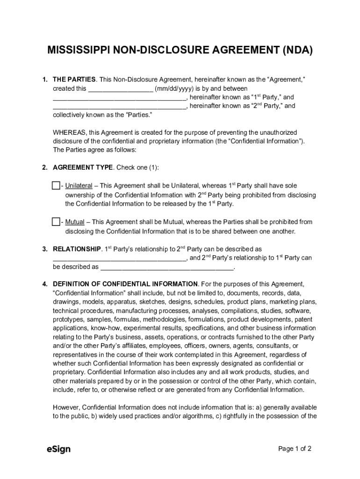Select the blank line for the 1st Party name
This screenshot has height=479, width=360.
[x=120, y=97]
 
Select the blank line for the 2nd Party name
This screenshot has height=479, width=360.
[x=120, y=106]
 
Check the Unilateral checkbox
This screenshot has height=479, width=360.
[x=56, y=186]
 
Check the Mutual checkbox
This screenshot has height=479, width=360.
[x=56, y=222]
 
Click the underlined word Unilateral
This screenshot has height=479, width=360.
[x=79, y=186]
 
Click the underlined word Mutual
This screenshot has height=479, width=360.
[x=75, y=222]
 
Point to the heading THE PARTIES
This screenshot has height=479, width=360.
[x=74, y=80]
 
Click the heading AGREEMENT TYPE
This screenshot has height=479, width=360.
[x=83, y=167]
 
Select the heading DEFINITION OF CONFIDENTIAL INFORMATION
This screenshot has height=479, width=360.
[x=125, y=284]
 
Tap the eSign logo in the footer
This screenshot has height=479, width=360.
[x=58, y=449]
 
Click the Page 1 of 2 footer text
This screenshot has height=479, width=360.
[x=295, y=449]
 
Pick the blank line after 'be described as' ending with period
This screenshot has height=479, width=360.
[x=167, y=267]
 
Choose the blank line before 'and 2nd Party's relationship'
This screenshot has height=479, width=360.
[x=120, y=258]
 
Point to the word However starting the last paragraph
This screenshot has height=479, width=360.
[x=66, y=407]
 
